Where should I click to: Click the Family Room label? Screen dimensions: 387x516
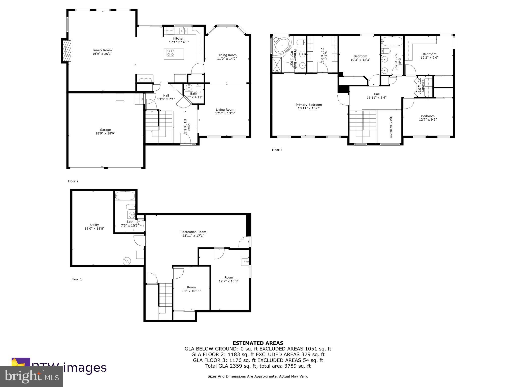pos(102,50)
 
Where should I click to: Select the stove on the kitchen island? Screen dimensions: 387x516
pos(171,52)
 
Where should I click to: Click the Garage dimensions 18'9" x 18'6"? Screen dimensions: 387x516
pos(105,134)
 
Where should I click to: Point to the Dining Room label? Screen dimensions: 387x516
pos(227,55)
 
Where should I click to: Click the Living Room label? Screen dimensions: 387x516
pos(225,110)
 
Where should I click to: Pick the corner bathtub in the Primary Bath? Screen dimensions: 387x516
pos(282,46)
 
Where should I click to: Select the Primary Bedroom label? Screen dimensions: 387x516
pos(309,105)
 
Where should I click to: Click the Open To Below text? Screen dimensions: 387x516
pos(391,127)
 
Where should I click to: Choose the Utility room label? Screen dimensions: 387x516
pos(94,225)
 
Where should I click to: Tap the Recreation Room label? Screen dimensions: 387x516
pos(193,232)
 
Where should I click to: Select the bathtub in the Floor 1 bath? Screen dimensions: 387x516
pos(124,196)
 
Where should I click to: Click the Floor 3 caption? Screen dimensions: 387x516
pos(277,150)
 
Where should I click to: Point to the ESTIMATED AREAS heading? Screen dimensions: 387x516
pos(258,343)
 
